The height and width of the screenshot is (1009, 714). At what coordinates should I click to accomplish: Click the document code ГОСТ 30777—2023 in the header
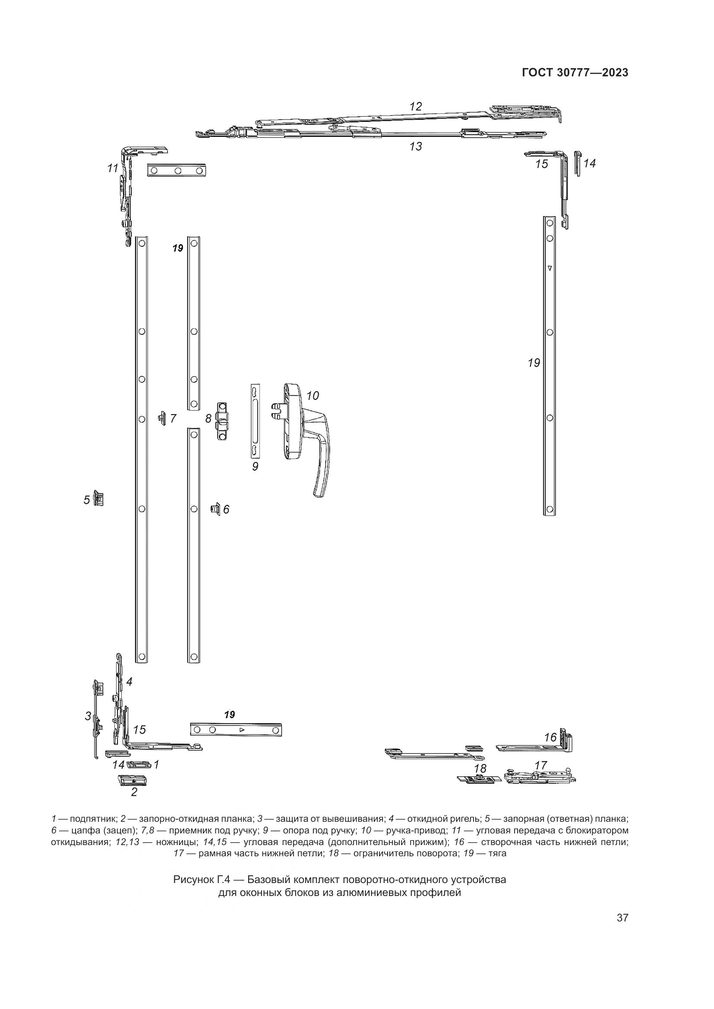point(575,73)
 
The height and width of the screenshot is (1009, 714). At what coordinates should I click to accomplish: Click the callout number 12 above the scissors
point(415,107)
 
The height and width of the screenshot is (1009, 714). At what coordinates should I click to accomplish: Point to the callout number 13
point(415,146)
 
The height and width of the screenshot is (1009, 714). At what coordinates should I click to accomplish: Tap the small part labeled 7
point(162,418)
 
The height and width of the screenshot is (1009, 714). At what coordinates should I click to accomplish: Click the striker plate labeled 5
point(100,499)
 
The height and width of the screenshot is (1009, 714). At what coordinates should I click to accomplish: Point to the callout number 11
point(113,168)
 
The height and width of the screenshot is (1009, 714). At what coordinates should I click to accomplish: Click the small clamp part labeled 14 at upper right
point(578,163)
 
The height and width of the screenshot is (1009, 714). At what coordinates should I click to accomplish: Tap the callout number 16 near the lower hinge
point(550,737)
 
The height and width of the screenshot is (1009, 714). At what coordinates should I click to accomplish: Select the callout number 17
point(540,765)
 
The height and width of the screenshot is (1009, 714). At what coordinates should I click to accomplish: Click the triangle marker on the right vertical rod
point(549,267)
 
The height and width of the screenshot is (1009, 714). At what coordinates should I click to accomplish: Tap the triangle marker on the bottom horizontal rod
point(241,730)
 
